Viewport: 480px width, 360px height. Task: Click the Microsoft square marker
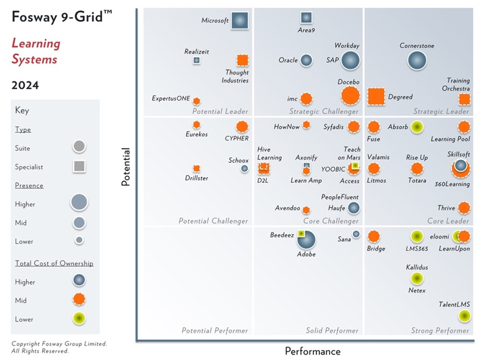pos(240,21)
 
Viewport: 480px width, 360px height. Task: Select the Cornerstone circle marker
pos(417,60)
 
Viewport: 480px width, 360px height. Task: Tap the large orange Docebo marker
pos(350,96)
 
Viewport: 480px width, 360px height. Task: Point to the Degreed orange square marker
pos(376,97)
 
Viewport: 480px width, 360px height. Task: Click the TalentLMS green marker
pos(464,316)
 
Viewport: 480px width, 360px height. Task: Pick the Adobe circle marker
pos(306,240)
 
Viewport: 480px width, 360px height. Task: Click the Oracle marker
pos(306,60)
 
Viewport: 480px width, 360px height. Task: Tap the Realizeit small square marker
pos(196,60)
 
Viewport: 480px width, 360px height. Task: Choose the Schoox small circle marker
pos(244,168)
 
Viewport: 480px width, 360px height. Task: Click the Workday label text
pos(347,46)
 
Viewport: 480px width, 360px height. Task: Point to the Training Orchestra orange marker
pos(464,99)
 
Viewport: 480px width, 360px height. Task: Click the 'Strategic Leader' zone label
pos(441,111)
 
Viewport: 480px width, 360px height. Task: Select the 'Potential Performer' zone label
pos(215,330)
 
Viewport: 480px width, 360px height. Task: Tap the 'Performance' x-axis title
pos(312,351)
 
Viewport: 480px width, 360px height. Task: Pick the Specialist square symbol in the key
pos(79,166)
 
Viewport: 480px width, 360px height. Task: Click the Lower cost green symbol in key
pos(79,319)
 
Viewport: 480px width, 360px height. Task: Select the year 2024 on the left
pos(25,85)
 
